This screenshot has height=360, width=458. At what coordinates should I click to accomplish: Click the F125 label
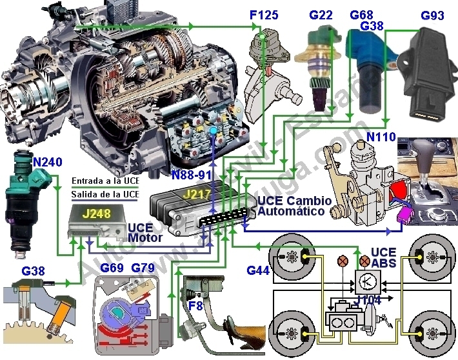click(x=264, y=14)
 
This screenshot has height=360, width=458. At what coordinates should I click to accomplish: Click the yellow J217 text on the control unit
click(x=197, y=193)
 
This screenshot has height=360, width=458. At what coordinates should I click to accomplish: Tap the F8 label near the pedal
click(x=194, y=306)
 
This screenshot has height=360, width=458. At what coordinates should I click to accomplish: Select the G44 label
click(x=259, y=270)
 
